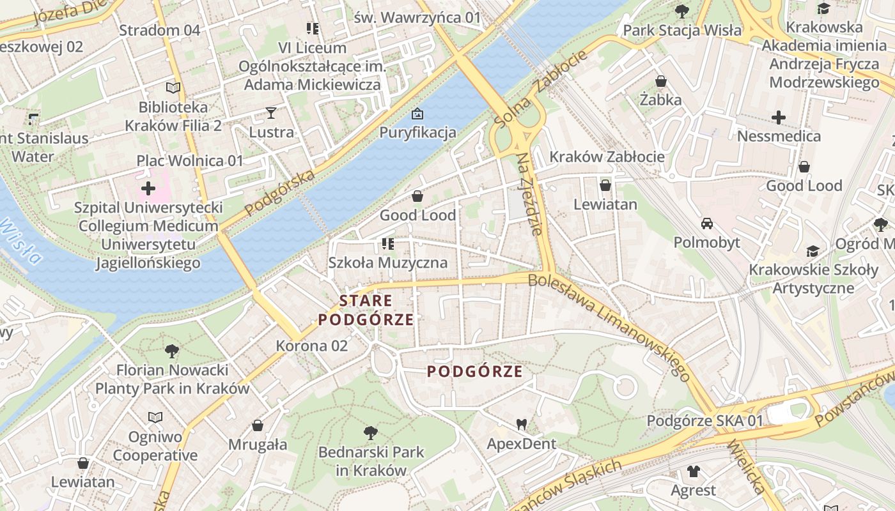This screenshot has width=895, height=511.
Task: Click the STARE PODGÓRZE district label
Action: [367, 310]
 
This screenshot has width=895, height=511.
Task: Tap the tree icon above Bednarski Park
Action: [370, 433]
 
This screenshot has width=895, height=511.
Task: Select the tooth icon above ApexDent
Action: [522, 424]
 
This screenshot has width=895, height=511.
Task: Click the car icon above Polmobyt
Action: [707, 224]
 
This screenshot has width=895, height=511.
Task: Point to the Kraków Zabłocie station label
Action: [607, 156]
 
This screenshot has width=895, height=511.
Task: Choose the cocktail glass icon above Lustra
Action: [271, 113]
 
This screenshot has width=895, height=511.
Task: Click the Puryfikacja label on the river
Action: [417, 132]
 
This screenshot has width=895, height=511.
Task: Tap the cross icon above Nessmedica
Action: [779, 118]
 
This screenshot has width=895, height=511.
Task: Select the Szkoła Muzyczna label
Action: [387, 263]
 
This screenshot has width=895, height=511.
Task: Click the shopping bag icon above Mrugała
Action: [258, 425]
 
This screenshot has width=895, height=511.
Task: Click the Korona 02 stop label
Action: [312, 346]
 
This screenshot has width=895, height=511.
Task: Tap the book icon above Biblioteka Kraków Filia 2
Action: [173, 88]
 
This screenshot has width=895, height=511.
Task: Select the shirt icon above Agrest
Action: [694, 471]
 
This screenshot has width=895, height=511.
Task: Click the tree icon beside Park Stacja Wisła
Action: [681, 11]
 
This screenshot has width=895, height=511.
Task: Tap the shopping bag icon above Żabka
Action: [661, 81]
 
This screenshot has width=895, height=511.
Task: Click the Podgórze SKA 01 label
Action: [705, 421]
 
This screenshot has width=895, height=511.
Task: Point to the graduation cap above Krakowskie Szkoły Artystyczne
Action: [813, 251]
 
